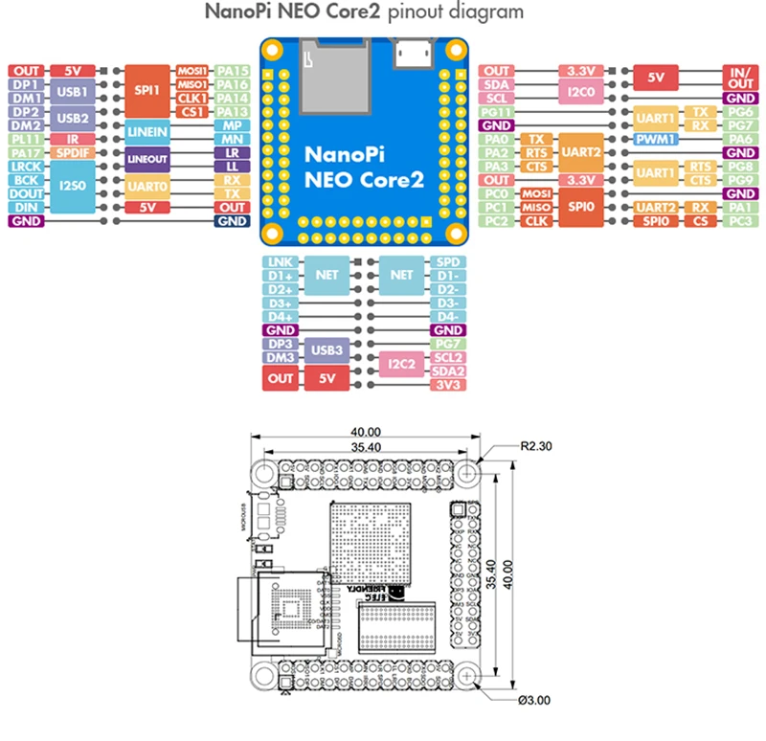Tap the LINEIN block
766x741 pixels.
coord(146,132)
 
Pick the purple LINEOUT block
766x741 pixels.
coord(146,159)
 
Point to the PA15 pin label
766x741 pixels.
coord(232,71)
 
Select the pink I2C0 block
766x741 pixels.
coord(583,91)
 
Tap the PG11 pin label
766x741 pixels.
coord(496,112)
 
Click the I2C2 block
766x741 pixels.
coord(402,364)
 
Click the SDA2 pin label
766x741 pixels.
coord(446,370)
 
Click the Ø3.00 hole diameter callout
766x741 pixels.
coord(531,700)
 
